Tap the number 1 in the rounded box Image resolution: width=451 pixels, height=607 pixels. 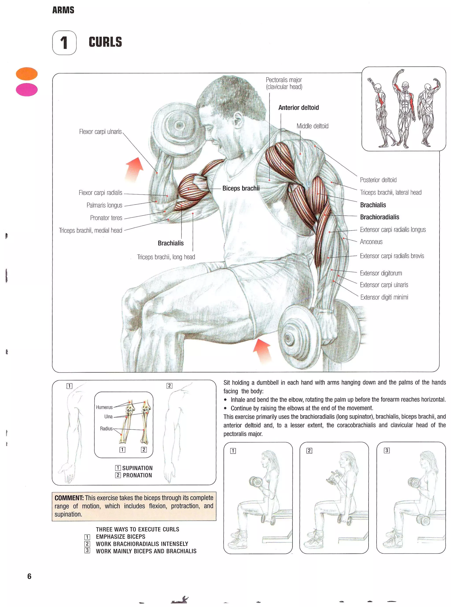(x=64, y=43)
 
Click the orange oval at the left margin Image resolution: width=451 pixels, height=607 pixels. (x=27, y=74)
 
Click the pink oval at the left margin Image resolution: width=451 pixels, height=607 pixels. (x=27, y=90)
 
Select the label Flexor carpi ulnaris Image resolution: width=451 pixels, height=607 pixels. (x=100, y=132)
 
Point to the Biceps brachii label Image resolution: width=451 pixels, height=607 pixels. (x=240, y=188)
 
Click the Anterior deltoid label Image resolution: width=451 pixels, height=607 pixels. (x=298, y=107)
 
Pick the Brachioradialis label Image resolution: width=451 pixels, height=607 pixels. (x=379, y=217)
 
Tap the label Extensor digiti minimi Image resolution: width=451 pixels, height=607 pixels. (x=384, y=297)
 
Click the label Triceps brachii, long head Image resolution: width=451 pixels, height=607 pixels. (x=166, y=257)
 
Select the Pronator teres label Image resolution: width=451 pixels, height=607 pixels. (x=106, y=218)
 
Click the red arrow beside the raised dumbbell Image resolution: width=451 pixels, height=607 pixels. (x=135, y=169)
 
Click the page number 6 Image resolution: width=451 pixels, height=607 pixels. (x=29, y=576)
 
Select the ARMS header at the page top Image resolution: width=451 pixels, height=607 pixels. (x=63, y=10)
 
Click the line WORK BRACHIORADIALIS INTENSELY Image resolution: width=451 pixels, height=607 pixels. (x=142, y=544)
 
